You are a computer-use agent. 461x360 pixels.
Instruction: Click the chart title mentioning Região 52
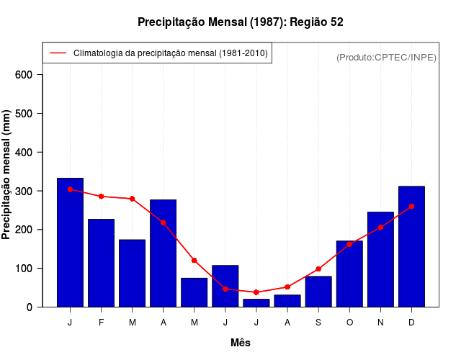pos(240,22)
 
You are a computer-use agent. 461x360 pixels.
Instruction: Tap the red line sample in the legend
pos(58,53)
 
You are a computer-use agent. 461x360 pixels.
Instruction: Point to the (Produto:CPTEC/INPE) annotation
pos(386,57)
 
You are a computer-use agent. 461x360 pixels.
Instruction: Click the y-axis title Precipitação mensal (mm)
pos(6,174)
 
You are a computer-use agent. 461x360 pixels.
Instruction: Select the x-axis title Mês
pos(241,343)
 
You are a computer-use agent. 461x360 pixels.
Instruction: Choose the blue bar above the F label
pos(101,263)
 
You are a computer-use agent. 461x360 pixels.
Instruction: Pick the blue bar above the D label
pos(411,246)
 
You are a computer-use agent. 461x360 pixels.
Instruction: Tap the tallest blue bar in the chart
pos(70,242)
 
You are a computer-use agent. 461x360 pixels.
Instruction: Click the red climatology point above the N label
pos(380,228)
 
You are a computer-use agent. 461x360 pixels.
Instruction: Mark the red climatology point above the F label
pos(101,197)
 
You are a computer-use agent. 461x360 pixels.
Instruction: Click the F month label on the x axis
pos(101,323)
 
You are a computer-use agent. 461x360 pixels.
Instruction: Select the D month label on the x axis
pos(411,323)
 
